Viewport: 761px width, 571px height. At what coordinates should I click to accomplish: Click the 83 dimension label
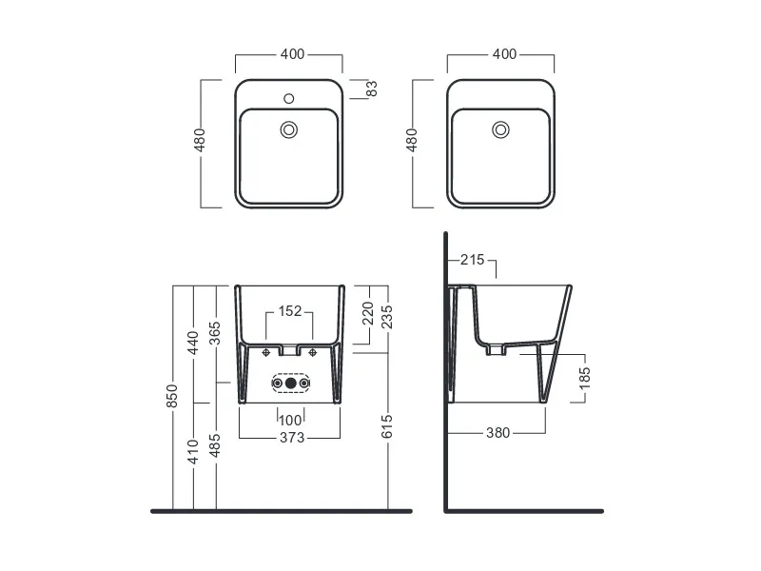pos(371,89)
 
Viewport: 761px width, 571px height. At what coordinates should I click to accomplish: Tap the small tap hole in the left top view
pos(289,99)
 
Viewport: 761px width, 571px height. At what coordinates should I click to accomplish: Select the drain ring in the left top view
pos(289,129)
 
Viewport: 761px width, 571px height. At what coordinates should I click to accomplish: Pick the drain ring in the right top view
pos(500,129)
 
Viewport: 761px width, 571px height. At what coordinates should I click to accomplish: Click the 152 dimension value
pos(290,311)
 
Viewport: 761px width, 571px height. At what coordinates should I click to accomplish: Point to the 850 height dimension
pos(172,396)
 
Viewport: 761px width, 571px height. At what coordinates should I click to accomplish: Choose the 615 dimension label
pos(387,426)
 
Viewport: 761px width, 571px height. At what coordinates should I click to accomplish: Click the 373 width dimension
pos(292,438)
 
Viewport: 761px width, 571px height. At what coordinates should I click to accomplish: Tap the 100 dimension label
pos(291,420)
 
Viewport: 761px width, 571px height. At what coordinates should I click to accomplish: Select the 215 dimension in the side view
pos(473,260)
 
